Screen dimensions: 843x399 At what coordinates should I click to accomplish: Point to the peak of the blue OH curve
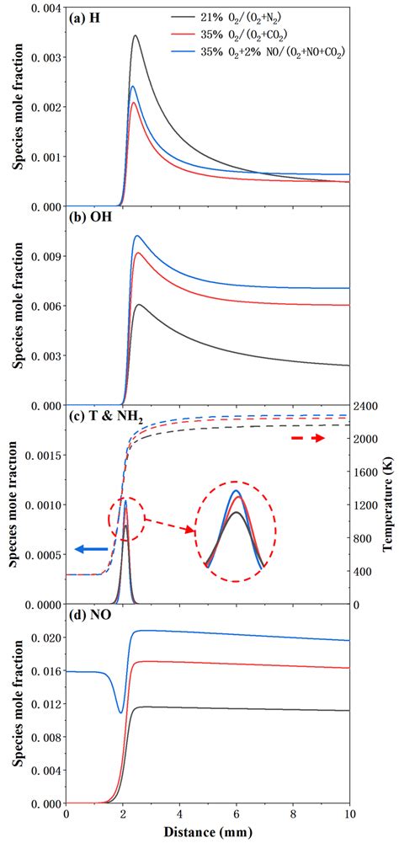click(x=137, y=237)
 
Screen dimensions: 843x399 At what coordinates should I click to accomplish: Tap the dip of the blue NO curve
click(x=121, y=712)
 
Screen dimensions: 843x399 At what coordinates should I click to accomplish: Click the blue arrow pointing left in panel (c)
click(x=92, y=548)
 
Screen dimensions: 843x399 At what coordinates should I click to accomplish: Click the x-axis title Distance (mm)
click(x=207, y=833)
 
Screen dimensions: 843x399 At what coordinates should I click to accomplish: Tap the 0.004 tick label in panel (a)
click(x=46, y=8)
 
